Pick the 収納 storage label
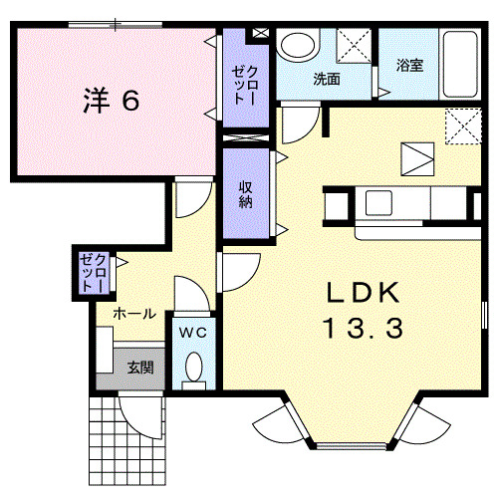[x=246, y=193]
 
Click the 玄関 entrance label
[x=139, y=367]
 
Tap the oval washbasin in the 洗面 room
[x=296, y=47]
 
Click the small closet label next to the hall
[x=91, y=270]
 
